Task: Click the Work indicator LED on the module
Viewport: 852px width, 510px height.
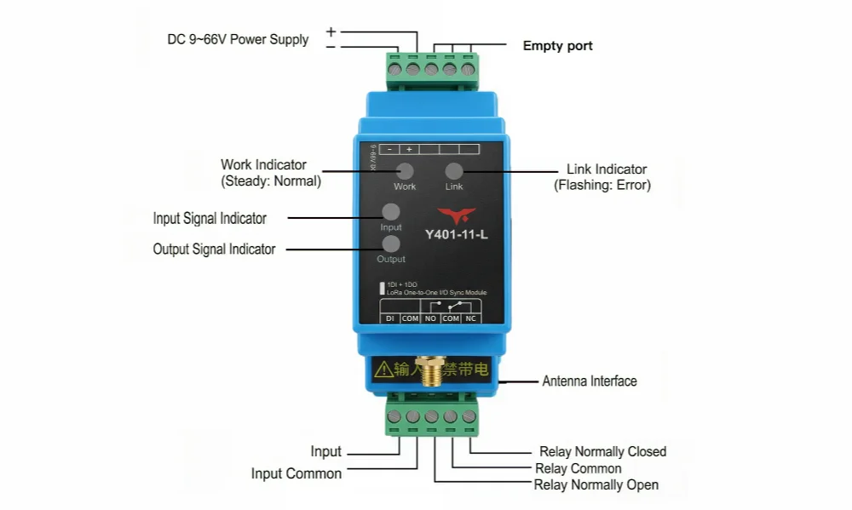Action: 405,170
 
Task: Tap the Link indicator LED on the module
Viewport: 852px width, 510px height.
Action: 454,170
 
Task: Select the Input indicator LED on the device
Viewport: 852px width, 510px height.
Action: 391,212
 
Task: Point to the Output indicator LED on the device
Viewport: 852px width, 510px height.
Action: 391,244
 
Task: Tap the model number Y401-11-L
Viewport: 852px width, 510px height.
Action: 457,234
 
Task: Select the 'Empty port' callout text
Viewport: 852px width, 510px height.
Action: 557,46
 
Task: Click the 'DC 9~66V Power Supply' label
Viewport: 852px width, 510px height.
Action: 238,39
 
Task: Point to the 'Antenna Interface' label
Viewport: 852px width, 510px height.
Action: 590,381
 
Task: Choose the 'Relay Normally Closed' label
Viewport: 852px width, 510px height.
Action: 602,451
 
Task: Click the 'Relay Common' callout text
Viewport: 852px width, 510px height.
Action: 578,468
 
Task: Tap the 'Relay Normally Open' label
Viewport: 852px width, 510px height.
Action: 596,484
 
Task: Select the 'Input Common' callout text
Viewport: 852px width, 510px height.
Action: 296,473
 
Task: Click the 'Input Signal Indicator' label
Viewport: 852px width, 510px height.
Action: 210,218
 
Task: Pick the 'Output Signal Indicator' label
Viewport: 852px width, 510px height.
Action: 214,249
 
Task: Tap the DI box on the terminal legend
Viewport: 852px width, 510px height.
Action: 389,318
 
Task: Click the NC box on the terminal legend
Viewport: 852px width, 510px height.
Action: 471,318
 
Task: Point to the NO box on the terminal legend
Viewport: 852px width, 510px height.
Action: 430,318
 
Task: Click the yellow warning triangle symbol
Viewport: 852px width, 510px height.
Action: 383,369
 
